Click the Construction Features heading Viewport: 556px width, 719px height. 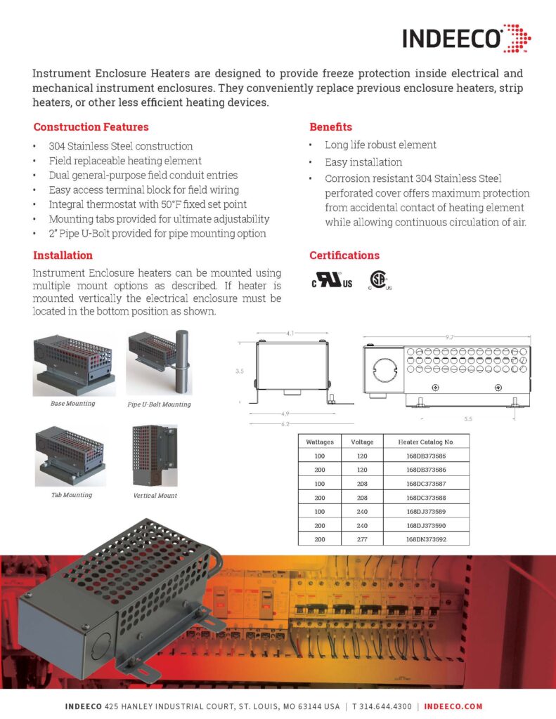pyautogui.click(x=91, y=127)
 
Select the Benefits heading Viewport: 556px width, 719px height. pyautogui.click(x=330, y=127)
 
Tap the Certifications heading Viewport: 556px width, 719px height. pyautogui.click(x=344, y=256)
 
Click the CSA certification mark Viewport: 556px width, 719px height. pyautogui.click(x=380, y=281)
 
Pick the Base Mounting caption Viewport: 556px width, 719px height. pyautogui.click(x=72, y=404)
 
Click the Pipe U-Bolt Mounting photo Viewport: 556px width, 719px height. pyautogui.click(x=159, y=364)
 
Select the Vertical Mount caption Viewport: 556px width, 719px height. pyautogui.click(x=155, y=495)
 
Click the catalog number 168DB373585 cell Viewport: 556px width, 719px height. pyautogui.click(x=426, y=456)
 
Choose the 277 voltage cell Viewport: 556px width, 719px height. pyautogui.click(x=362, y=539)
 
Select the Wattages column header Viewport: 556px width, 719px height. pyautogui.click(x=319, y=442)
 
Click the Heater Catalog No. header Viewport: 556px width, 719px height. pyautogui.click(x=426, y=442)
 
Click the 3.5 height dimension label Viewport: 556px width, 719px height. pyautogui.click(x=240, y=373)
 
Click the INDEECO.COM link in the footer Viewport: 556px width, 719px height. pyautogui.click(x=453, y=706)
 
